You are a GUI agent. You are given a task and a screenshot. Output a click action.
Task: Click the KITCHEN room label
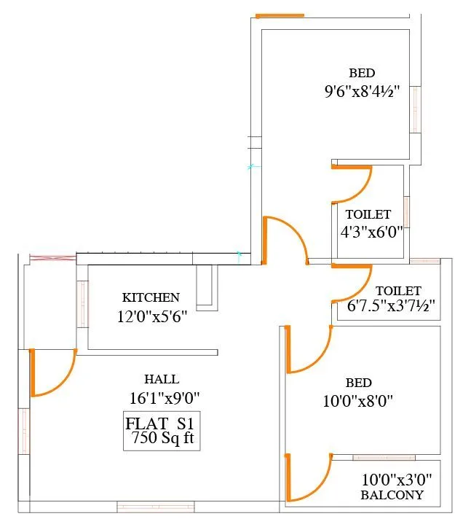tap(150, 297)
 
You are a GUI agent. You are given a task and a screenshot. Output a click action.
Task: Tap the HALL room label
tap(162, 379)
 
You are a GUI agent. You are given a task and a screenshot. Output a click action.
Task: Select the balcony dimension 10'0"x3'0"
tap(397, 480)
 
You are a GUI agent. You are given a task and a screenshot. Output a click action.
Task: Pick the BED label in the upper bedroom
tap(362, 73)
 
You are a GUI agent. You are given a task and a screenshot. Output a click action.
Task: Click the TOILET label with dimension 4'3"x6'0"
tap(368, 215)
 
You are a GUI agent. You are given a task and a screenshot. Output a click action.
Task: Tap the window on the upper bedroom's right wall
tap(415, 109)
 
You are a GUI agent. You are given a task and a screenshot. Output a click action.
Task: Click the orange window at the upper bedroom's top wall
tap(280, 15)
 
